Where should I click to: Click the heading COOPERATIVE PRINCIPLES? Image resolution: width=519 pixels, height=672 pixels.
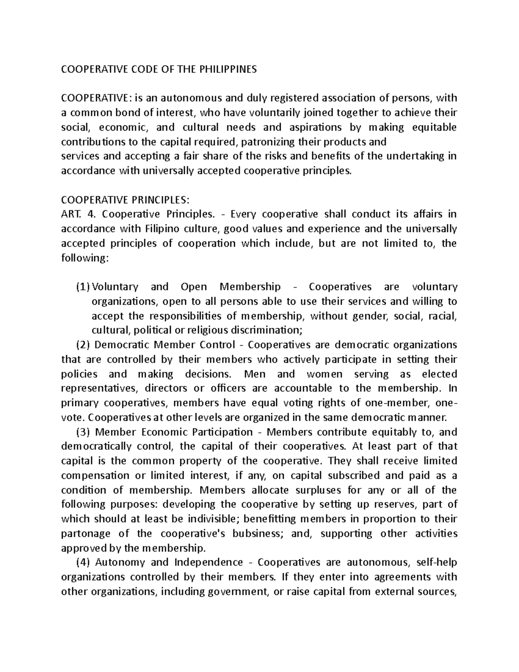pyautogui.click(x=125, y=200)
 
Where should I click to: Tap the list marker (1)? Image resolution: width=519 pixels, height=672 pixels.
pyautogui.click(x=83, y=287)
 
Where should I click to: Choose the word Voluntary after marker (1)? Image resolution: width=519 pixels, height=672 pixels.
pyautogui.click(x=115, y=287)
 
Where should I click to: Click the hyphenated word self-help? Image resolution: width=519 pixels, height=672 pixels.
pyautogui.click(x=436, y=563)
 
